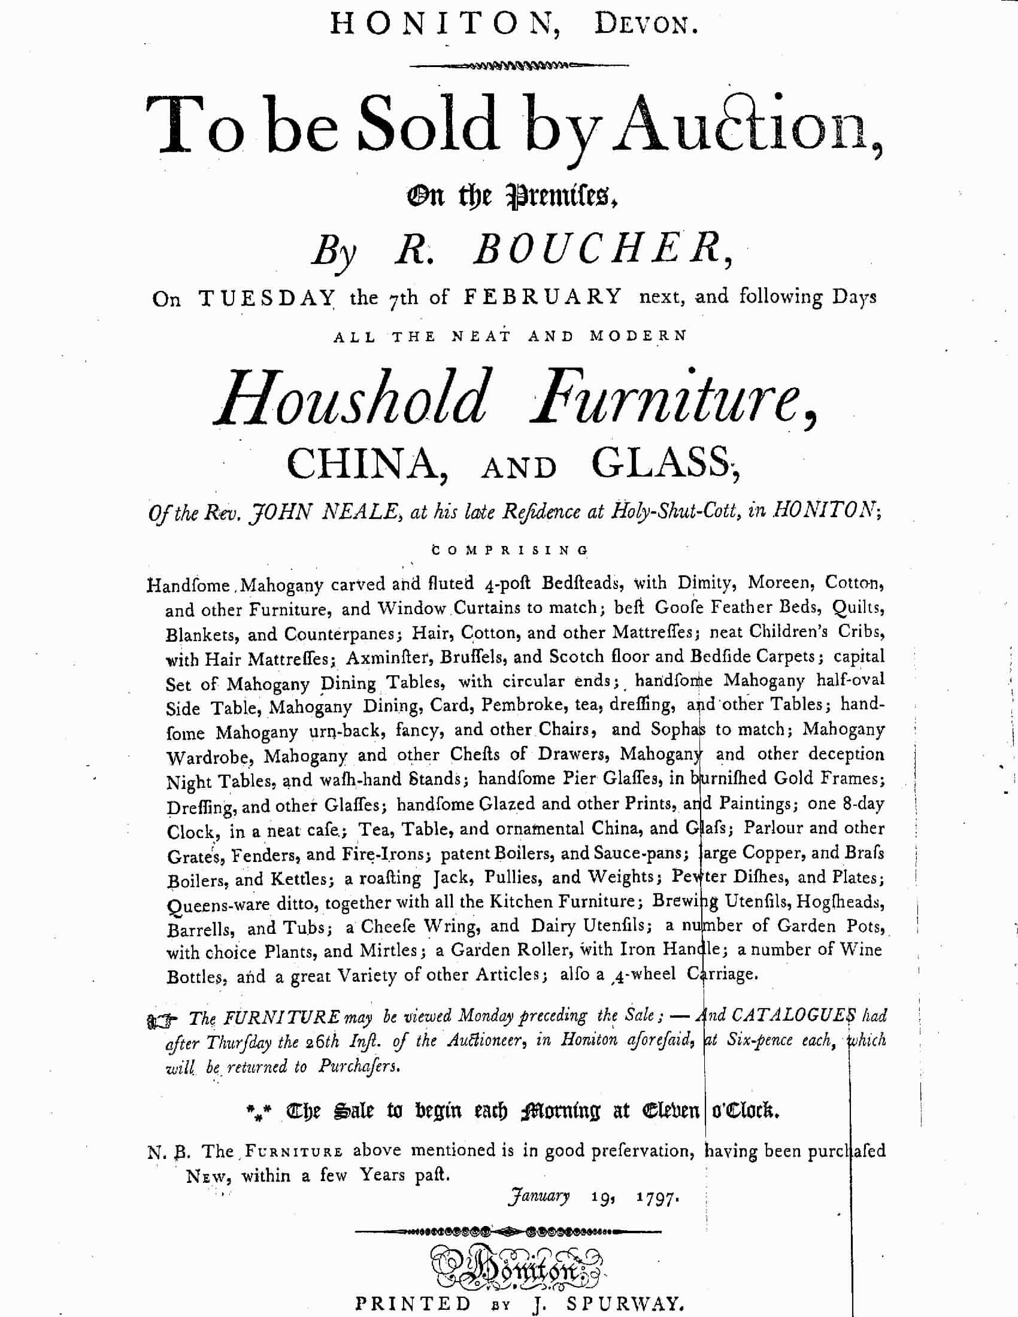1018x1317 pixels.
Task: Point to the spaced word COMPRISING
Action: pyautogui.click(x=510, y=550)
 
